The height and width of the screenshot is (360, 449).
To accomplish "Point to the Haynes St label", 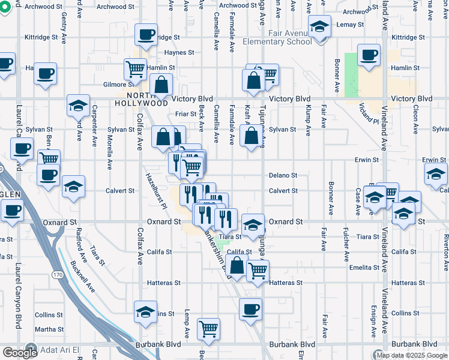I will (x=179, y=52).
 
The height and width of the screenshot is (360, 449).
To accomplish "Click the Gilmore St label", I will (x=113, y=85).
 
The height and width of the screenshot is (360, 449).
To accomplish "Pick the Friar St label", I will (x=185, y=113).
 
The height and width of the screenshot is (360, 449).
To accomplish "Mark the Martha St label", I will (x=49, y=329).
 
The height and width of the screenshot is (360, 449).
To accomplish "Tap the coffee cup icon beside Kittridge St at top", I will (x=146, y=35).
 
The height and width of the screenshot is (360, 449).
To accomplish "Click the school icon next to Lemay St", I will (x=320, y=26).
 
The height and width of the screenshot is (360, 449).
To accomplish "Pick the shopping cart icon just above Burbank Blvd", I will (x=208, y=328).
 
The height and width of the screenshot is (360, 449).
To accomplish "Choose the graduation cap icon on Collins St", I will (x=146, y=311).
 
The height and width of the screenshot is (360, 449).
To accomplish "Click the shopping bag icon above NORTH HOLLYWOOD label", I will (x=161, y=85).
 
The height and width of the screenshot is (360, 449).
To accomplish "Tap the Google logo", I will (x=19, y=353).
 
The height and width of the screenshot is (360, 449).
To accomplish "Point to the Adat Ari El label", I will (x=59, y=349).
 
